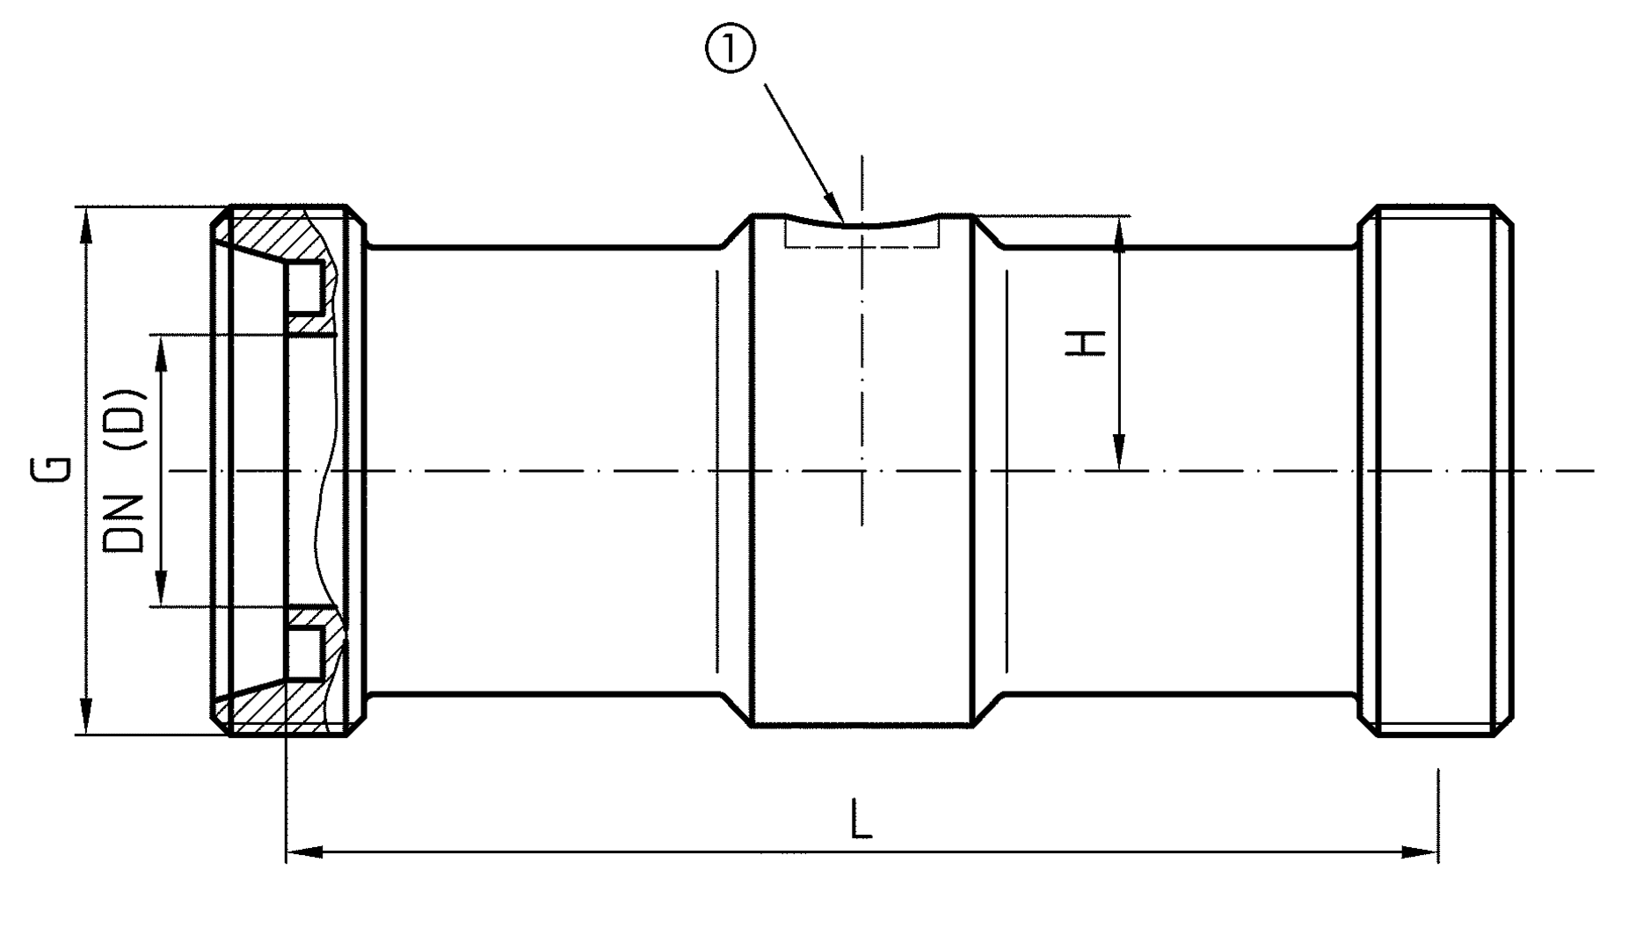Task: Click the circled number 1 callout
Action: [728, 52]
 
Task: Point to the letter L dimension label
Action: [862, 819]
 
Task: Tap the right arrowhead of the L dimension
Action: [1419, 851]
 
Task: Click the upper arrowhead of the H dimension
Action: [1119, 234]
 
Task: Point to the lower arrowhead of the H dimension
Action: [1119, 453]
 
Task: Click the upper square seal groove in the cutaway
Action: [305, 287]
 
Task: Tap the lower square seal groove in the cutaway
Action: [305, 654]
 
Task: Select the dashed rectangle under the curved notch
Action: [862, 236]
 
